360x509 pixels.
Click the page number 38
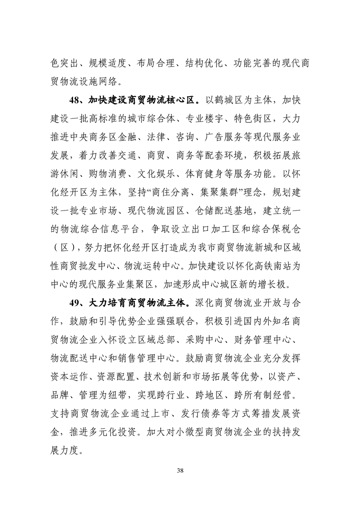[x=180, y=469]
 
